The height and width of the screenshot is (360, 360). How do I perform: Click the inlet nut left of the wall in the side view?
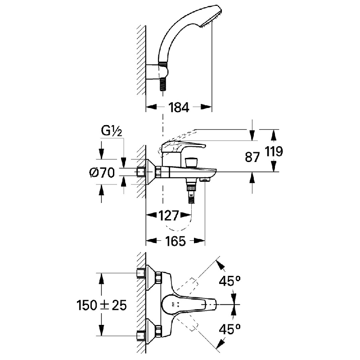tap(140, 172)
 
